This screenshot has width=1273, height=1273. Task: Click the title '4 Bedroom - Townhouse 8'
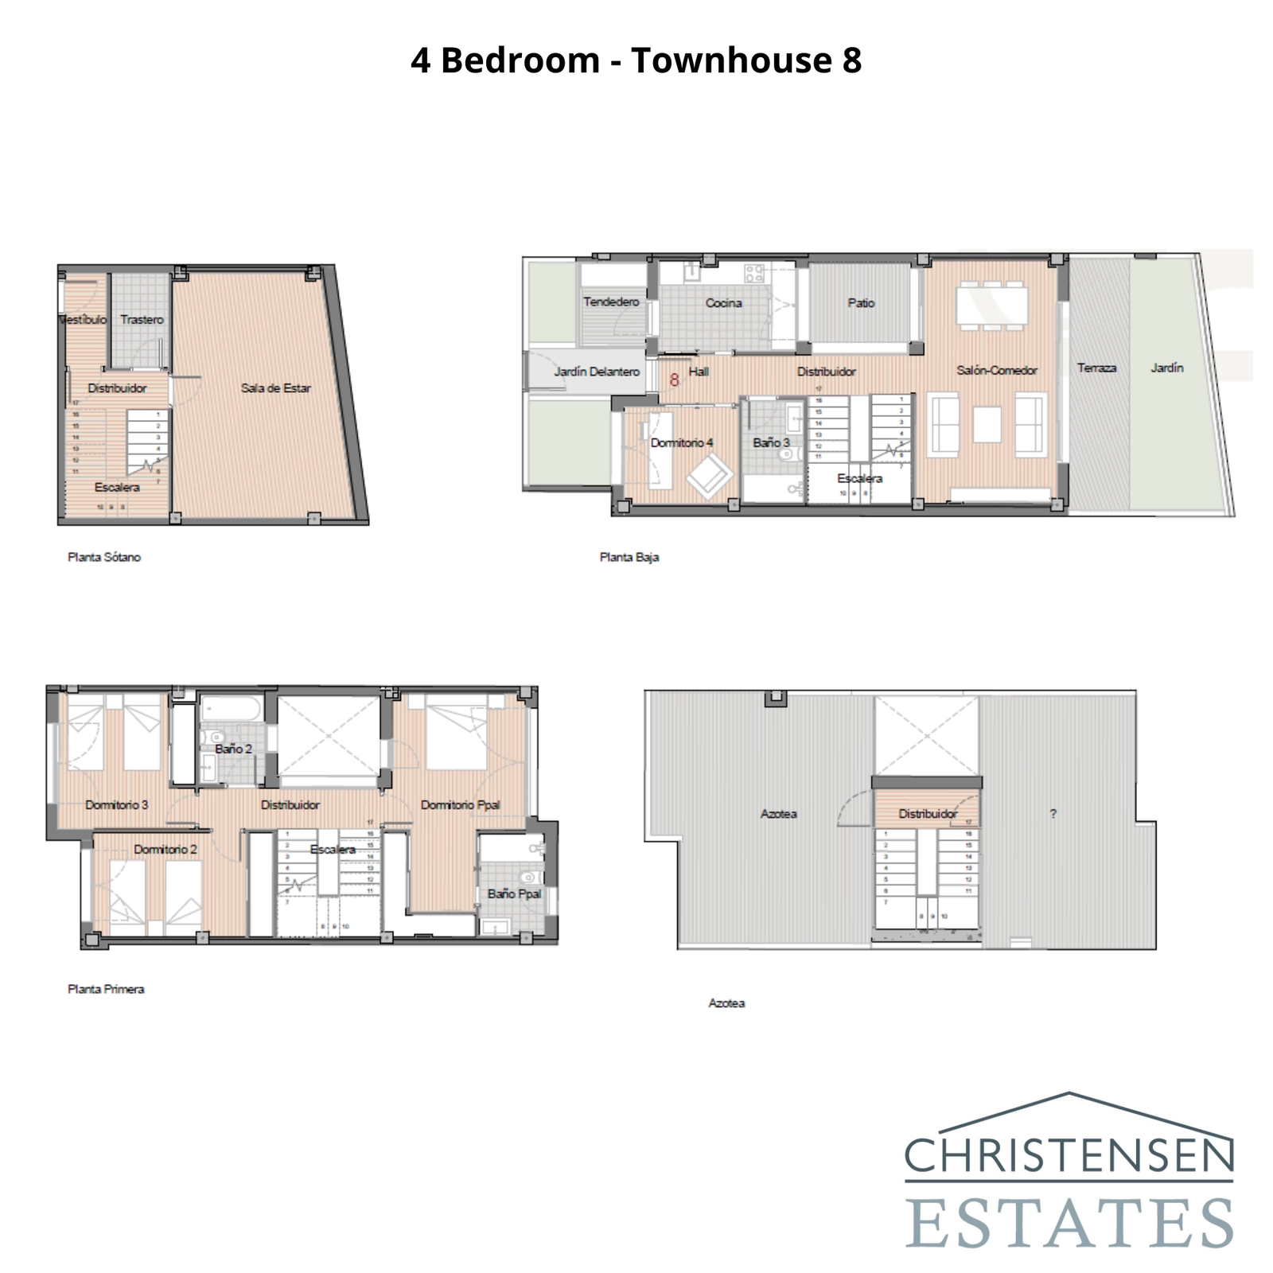[636, 60]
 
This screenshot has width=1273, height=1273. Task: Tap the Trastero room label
[142, 319]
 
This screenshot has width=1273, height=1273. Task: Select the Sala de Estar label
[275, 388]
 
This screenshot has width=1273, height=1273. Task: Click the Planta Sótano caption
[104, 557]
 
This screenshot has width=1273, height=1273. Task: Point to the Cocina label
[723, 303]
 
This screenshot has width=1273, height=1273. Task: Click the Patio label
[861, 303]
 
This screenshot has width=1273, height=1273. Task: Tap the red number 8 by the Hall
[674, 380]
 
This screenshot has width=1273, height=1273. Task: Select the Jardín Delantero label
[597, 372]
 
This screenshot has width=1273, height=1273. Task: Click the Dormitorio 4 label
[682, 442]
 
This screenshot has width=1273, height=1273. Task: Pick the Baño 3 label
[771, 442]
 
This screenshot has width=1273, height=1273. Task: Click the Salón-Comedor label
[997, 370]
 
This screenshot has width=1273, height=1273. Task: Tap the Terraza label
[1096, 368]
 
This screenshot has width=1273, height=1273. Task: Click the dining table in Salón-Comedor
[991, 306]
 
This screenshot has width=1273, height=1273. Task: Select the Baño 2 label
[233, 749]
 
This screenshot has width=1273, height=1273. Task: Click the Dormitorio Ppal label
[460, 805]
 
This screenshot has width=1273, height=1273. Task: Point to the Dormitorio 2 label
[165, 850]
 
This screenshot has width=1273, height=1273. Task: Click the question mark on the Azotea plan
[1053, 814]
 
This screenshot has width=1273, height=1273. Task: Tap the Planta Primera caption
[106, 989]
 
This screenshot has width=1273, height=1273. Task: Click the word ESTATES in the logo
[1069, 1224]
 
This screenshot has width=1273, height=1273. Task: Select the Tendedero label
[611, 302]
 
